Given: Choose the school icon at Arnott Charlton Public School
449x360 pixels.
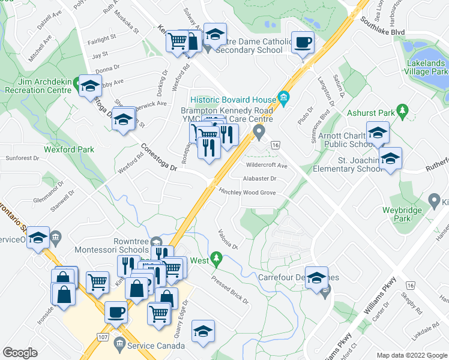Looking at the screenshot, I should coord(378,134).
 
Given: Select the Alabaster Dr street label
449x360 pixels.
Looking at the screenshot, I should coord(259,179).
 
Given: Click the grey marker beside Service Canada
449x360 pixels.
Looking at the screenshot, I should coord(119,346).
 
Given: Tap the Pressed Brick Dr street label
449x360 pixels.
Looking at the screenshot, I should coord(230,287).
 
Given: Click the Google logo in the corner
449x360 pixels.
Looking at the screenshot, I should coord(20,353).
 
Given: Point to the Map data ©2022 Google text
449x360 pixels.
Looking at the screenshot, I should coord(411,355).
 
